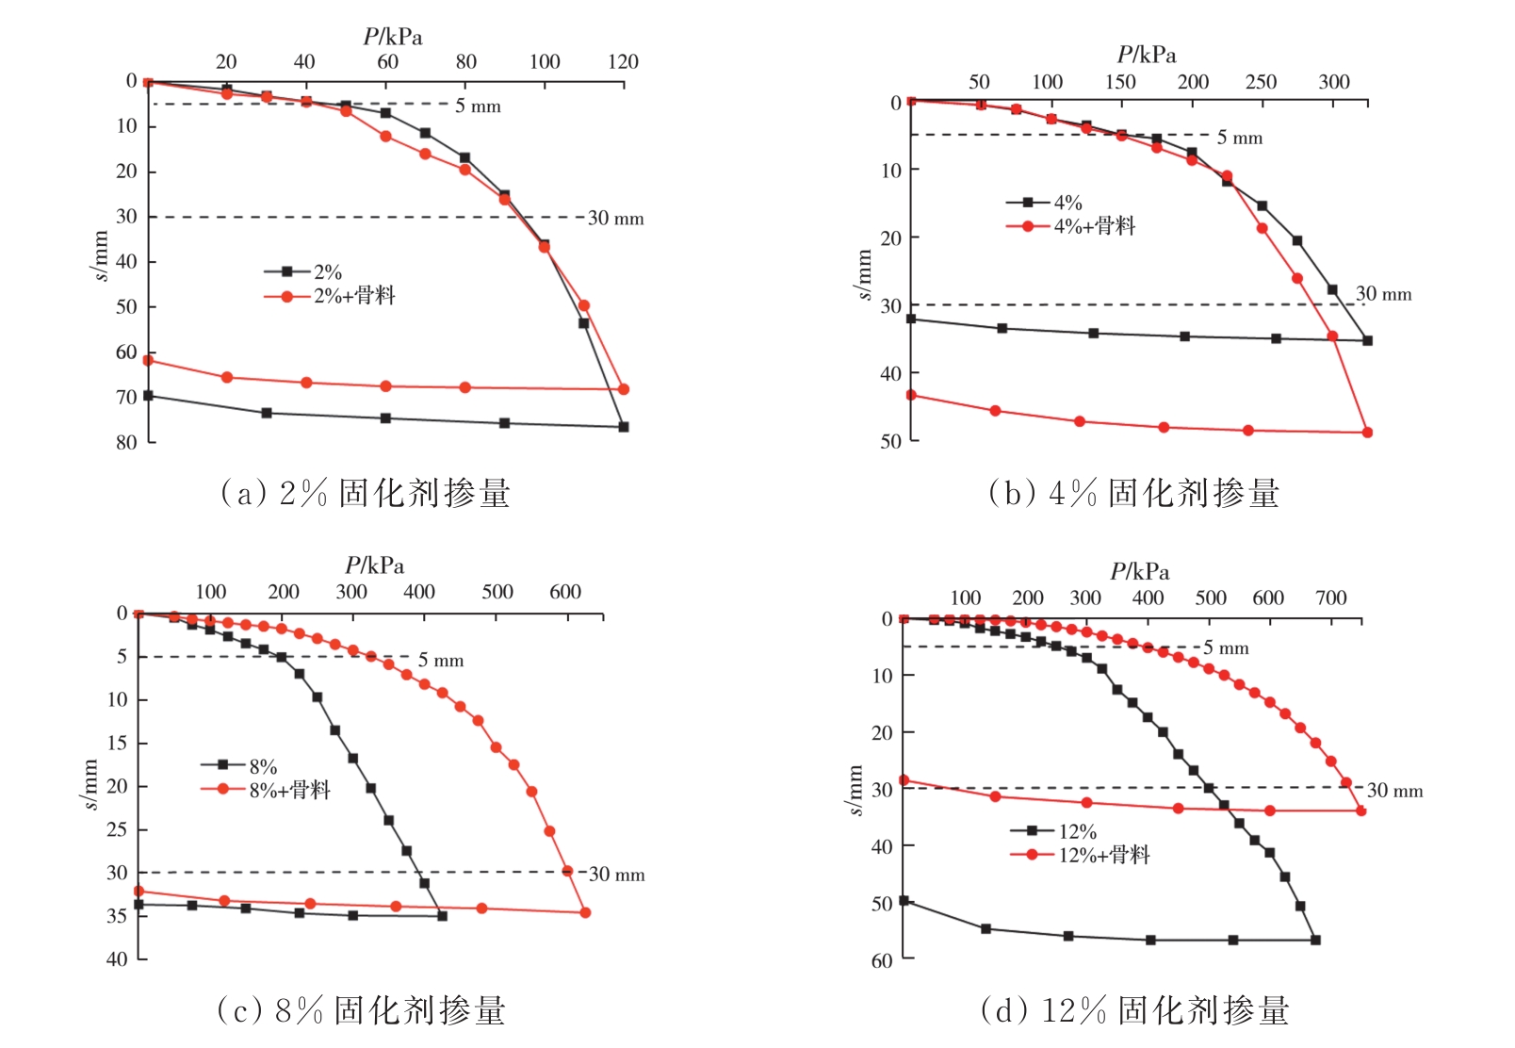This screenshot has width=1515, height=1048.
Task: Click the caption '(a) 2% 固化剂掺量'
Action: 365,493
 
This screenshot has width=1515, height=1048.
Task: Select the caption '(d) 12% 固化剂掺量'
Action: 1134,1010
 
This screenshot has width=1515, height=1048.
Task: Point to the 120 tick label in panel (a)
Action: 623,62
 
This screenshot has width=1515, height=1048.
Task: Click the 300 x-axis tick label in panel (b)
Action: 1333,82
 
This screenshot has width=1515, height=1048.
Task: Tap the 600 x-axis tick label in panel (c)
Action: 565,592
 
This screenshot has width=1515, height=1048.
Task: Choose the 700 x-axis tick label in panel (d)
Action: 1330,598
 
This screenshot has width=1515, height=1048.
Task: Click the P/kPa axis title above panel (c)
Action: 374,565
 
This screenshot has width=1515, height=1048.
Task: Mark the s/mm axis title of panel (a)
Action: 100,255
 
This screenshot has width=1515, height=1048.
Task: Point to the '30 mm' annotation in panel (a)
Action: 615,219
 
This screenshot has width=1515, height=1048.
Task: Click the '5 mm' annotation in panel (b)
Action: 1239,139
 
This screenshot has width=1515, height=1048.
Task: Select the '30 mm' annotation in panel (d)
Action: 1394,791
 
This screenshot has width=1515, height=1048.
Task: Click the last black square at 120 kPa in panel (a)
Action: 623,427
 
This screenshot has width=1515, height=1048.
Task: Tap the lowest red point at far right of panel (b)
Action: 1367,433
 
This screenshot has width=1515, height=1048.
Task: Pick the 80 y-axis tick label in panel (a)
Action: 126,442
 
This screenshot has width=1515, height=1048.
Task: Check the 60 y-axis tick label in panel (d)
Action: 882,960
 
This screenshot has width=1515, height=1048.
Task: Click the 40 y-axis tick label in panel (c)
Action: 117,958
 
